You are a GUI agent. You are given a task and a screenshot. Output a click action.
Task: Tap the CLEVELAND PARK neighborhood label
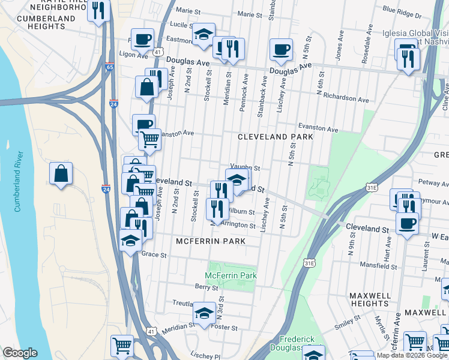pyautogui.click(x=276, y=137)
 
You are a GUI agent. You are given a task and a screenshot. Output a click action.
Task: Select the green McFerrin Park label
pyautogui.click(x=231, y=275)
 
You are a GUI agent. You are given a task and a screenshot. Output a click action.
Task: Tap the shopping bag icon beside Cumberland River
pyautogui.click(x=61, y=174)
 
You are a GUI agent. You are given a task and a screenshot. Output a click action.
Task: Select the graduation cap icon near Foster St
pyautogui.click(x=204, y=313)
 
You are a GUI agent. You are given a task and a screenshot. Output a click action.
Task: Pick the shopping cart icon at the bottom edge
pyautogui.click(x=122, y=346)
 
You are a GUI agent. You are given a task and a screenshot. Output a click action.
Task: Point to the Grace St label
pyautogui.click(x=154, y=254)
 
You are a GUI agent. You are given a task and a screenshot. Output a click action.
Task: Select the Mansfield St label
pyautogui.click(x=379, y=264)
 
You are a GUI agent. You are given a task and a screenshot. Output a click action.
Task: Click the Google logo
pyautogui.click(x=20, y=353)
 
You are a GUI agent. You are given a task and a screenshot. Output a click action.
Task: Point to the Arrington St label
pyautogui.click(x=239, y=224)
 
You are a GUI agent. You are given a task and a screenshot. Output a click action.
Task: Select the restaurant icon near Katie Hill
pyautogui.click(x=98, y=10)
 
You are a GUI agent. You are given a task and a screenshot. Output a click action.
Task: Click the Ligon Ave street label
pyautogui.click(x=133, y=55)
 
